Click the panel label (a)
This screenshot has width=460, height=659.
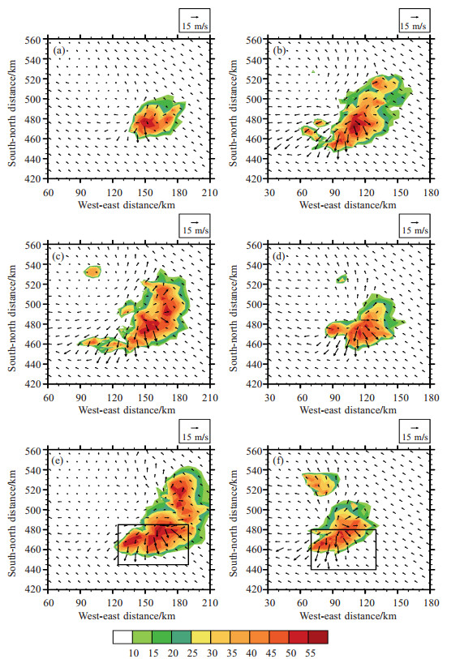(59, 51)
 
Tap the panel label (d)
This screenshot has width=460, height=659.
(279, 256)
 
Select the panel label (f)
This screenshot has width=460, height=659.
(278, 460)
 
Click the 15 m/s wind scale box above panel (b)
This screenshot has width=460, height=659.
(415, 20)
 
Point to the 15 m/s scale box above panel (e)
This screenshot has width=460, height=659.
(195, 431)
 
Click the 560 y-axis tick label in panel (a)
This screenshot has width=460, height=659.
(33, 40)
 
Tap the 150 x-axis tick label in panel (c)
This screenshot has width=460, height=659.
(145, 397)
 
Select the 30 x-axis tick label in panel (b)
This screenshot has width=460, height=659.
(269, 192)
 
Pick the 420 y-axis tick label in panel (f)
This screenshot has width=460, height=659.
(255, 589)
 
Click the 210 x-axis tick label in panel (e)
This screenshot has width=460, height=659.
(210, 603)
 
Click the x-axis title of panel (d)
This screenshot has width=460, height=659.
(348, 410)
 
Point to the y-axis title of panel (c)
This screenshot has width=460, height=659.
(12, 318)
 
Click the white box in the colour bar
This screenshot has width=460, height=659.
(123, 637)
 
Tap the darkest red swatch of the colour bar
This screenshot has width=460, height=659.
(318, 637)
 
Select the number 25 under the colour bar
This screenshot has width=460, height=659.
(192, 653)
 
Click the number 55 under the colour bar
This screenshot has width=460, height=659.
(310, 653)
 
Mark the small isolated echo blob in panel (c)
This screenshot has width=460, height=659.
(93, 271)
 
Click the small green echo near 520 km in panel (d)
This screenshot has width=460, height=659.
(342, 279)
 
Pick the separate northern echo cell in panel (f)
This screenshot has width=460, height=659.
(320, 484)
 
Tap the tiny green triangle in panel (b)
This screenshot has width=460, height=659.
(313, 72)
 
